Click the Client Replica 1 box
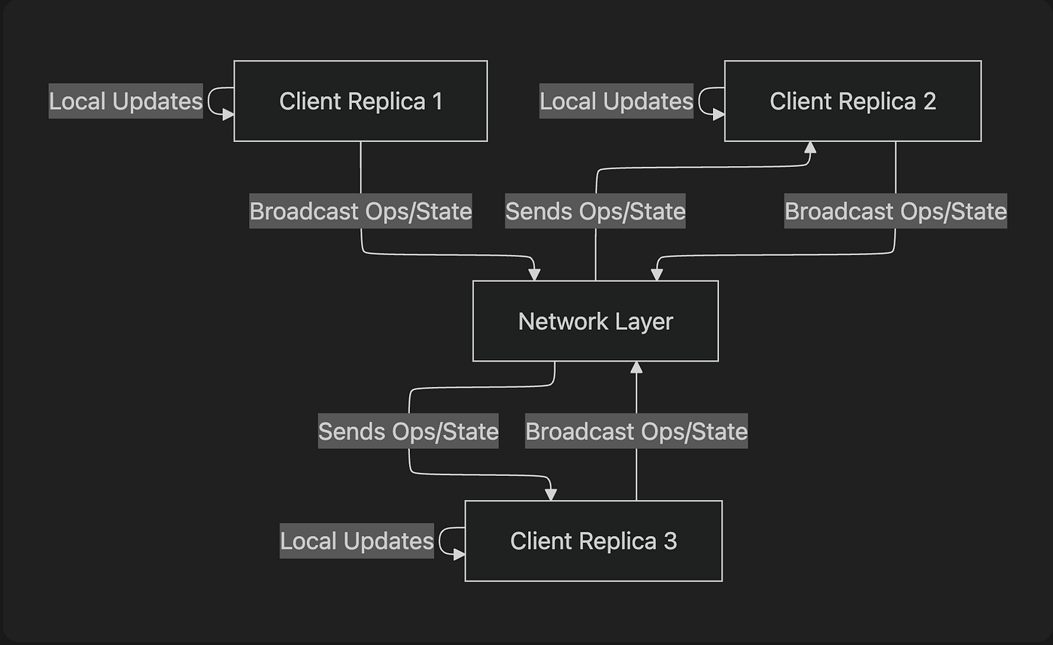(360, 101)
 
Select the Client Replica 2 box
(852, 101)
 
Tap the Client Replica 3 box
(593, 541)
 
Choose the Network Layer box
(595, 321)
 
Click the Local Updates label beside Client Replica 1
(126, 101)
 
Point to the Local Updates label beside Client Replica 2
(616, 101)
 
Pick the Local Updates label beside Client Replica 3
(357, 541)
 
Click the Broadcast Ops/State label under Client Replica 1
(360, 211)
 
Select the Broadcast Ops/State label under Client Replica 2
(895, 211)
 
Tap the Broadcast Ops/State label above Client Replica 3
(636, 432)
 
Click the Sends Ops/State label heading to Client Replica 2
(595, 211)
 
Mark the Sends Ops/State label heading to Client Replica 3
(408, 432)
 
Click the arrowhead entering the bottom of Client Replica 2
(809, 148)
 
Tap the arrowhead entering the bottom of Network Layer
(636, 368)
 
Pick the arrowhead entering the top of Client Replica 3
(551, 494)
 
